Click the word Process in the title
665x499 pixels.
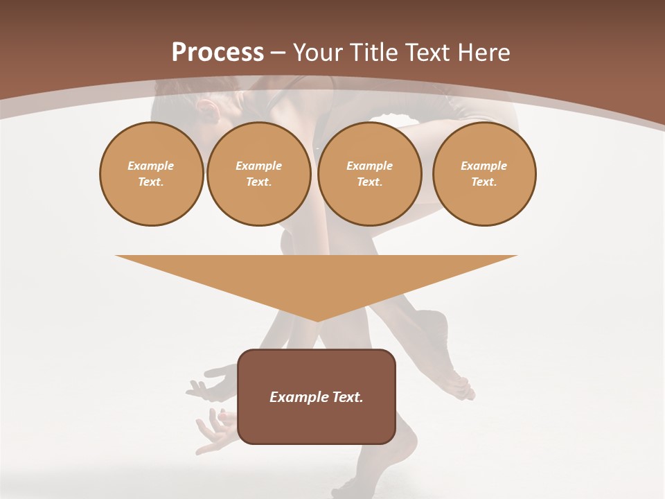point(218,53)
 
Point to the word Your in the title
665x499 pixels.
point(318,53)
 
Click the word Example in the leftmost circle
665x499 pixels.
point(151,166)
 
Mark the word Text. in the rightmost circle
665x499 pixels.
point(484,182)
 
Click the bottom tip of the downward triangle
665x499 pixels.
point(317,319)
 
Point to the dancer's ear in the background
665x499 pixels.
point(205,107)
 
